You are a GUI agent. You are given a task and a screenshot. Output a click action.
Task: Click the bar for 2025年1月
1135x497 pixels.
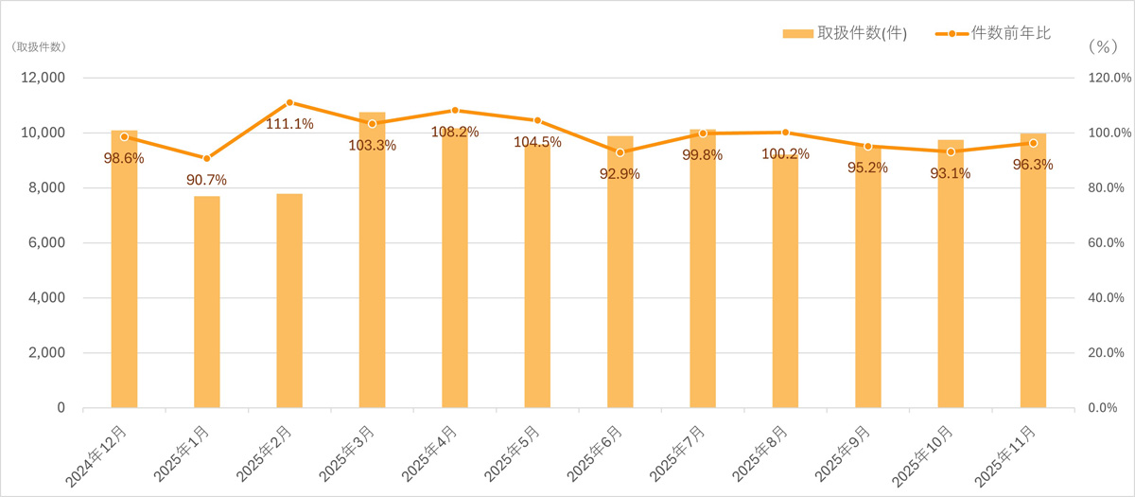tap(207, 302)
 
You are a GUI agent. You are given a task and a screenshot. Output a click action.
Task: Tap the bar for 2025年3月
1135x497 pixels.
tap(372, 275)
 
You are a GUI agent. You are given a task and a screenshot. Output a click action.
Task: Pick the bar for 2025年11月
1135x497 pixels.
tap(1033, 284)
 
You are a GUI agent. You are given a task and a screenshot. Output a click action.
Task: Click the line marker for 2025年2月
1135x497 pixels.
tap(289, 102)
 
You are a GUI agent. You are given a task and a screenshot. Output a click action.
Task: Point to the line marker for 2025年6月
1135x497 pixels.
tap(620, 152)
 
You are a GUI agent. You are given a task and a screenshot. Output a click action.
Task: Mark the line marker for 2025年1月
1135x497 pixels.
tap(207, 158)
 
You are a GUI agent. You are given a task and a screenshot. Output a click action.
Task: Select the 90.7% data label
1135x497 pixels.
tap(207, 180)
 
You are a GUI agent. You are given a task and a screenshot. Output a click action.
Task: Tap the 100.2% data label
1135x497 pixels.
tap(784, 153)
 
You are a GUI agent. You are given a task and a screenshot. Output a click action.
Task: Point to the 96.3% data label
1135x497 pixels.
tap(1033, 164)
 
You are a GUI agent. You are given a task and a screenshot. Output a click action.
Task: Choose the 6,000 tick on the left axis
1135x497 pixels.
tap(44, 243)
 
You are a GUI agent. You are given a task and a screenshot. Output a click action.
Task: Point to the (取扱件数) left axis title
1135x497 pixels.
tap(39, 46)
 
